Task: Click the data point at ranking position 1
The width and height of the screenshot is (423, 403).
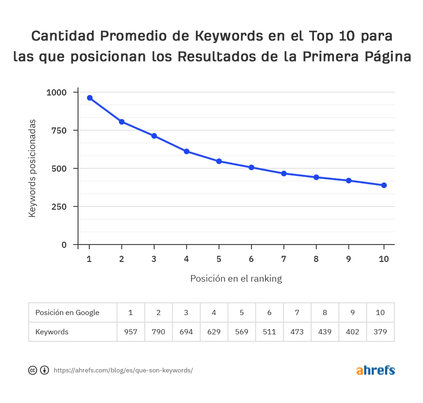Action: pos(89,98)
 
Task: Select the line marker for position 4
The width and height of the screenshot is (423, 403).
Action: pos(187,151)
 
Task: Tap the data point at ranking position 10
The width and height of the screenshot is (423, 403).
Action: pos(384,185)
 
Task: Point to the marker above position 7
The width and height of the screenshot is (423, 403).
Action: pos(284,174)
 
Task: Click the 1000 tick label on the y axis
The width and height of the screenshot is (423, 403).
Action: pos(56,92)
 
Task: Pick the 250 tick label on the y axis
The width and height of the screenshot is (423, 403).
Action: pos(59,206)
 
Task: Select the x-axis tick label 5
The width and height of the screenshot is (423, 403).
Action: pos(219,259)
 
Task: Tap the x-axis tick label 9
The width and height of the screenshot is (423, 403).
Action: pos(349,259)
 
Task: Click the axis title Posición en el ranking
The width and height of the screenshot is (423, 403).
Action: pos(236,278)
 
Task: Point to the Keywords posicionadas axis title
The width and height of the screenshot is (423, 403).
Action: pos(32,168)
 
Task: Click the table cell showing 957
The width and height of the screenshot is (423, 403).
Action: pos(131,332)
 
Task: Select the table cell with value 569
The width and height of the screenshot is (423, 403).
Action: pos(242,332)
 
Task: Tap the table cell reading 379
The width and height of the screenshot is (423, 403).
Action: pos(380,332)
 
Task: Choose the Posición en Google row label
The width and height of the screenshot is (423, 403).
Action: pos(67,313)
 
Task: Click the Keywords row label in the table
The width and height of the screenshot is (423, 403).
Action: pos(52,332)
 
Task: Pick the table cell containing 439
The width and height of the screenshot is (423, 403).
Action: pos(325,332)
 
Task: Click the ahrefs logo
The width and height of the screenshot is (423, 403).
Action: pos(376,370)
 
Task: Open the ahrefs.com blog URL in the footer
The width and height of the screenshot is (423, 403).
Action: pos(123,370)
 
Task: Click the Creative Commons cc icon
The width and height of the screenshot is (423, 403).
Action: pos(32,370)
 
